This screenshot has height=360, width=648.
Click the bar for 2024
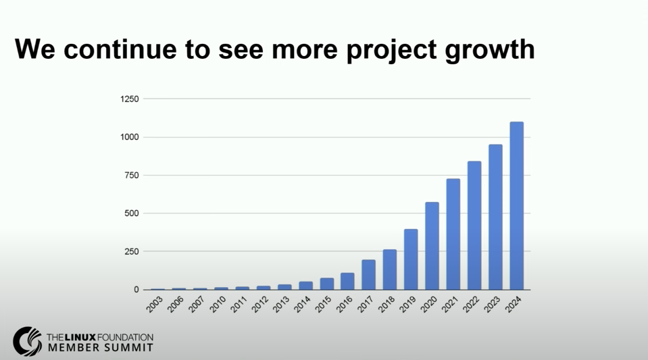(516, 206)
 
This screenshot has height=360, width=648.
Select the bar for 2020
(432, 246)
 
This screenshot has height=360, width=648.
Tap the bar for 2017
(368, 275)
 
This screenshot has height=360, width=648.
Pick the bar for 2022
(474, 226)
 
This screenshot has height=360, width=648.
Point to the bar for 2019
(411, 259)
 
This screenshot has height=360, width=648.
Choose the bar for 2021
(453, 234)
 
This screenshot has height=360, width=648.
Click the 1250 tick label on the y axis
(129, 99)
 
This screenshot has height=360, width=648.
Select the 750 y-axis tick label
(131, 176)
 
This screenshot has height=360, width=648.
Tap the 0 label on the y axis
(136, 290)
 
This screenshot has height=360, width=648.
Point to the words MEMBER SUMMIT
(99, 348)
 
